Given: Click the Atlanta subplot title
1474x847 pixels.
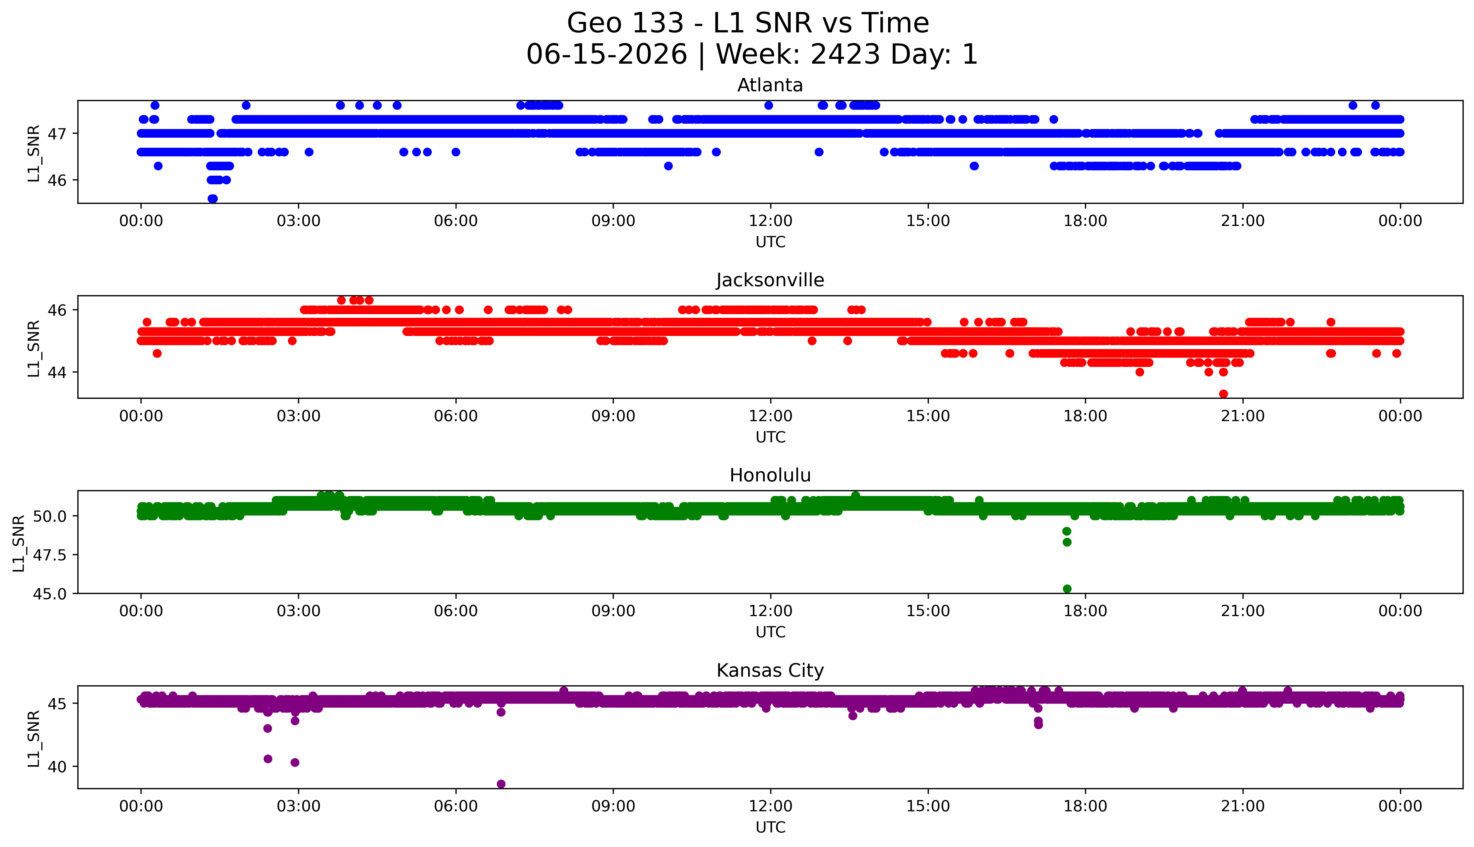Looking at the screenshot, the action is click(770, 85).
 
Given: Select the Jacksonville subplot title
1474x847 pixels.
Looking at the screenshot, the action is click(770, 280).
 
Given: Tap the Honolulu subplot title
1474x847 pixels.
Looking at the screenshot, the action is click(770, 475).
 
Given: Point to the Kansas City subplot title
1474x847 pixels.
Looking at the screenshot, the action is click(770, 671).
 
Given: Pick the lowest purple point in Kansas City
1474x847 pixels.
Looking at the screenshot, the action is click(501, 784).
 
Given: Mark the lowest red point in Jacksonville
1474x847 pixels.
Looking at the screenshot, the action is click(1223, 394).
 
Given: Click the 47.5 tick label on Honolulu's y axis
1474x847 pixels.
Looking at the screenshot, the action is click(51, 555).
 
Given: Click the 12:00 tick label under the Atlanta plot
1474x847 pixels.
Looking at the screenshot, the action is click(771, 221).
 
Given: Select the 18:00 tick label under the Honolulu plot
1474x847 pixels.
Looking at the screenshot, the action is click(1086, 611).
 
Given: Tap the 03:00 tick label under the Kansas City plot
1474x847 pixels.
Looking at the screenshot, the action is click(299, 806).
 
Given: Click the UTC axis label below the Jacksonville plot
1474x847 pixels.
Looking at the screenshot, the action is click(770, 437).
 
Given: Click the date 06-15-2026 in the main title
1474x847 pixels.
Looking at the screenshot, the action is click(607, 55).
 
